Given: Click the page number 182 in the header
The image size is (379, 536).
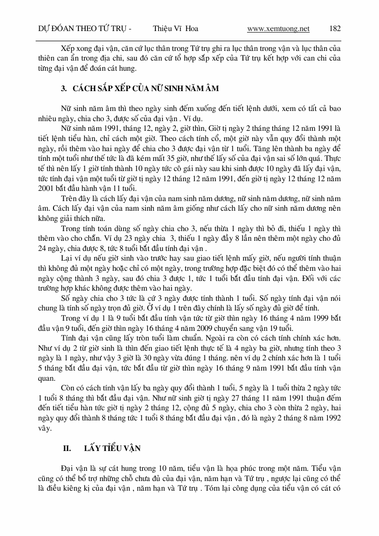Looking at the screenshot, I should pyautogui.click(x=335, y=29).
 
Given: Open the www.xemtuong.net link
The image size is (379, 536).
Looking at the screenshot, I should pyautogui.click(x=278, y=29).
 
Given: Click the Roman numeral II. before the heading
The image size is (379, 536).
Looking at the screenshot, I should pyautogui.click(x=66, y=448).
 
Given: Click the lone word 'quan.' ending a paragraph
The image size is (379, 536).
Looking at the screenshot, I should pyautogui.click(x=48, y=377).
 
